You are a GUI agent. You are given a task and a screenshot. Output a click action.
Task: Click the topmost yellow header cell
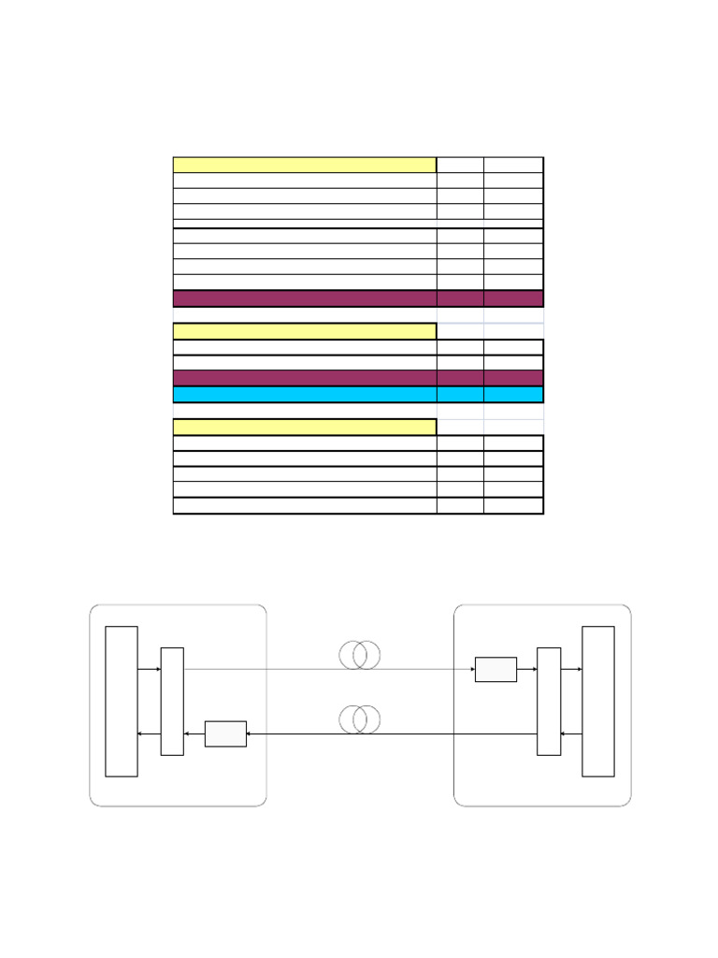(x=305, y=166)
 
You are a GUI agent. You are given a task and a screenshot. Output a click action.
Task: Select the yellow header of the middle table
(x=305, y=331)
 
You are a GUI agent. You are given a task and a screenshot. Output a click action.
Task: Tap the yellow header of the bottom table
(x=305, y=428)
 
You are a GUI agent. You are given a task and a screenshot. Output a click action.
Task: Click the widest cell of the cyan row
(x=305, y=395)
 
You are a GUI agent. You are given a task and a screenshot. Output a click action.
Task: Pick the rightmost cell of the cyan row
(x=513, y=395)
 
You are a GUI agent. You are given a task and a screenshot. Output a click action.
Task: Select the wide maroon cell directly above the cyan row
(x=305, y=378)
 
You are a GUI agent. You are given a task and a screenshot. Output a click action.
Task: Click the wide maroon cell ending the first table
(x=305, y=298)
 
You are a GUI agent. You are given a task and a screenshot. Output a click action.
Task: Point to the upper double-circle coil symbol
(x=360, y=655)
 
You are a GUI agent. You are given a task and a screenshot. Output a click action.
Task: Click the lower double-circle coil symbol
(x=360, y=719)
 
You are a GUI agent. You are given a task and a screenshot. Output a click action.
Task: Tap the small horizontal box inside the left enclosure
(x=225, y=733)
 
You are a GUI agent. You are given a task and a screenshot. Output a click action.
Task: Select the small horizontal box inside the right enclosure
(x=495, y=670)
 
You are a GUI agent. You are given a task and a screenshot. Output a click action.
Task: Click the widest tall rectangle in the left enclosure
(x=122, y=702)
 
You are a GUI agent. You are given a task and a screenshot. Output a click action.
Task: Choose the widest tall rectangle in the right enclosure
(x=598, y=702)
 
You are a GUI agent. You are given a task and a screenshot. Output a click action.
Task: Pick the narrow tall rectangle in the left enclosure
(x=172, y=702)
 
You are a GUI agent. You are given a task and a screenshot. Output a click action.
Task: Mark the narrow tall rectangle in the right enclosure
(x=549, y=702)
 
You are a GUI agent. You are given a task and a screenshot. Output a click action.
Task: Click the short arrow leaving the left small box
(x=194, y=734)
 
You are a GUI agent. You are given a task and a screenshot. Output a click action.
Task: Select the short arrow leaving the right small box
(x=526, y=670)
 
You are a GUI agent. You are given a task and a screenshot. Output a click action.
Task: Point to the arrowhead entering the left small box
(x=250, y=734)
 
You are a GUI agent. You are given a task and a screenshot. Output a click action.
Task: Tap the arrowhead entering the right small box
(x=471, y=670)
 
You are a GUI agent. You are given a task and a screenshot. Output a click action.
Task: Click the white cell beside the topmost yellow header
(x=460, y=166)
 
